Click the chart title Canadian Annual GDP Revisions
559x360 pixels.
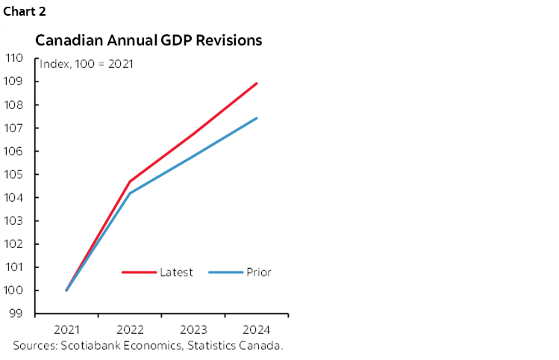[x=149, y=40]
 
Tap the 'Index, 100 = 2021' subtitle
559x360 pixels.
[x=86, y=64]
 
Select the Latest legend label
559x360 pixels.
[x=176, y=272]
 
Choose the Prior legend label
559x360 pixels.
[x=258, y=272]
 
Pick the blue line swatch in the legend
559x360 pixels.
[x=225, y=272]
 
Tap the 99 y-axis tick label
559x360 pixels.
[x=18, y=314]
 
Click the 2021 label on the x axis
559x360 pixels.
[x=67, y=329]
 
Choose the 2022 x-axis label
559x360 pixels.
[x=131, y=329]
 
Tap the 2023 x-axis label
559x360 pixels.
[x=194, y=329]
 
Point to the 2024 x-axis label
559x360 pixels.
[x=257, y=329]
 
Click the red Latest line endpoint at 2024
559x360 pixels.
[x=257, y=83]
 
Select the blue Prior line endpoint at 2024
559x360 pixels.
[x=257, y=118]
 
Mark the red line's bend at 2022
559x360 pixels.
[x=131, y=181]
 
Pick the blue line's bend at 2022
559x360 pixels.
[x=131, y=193]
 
